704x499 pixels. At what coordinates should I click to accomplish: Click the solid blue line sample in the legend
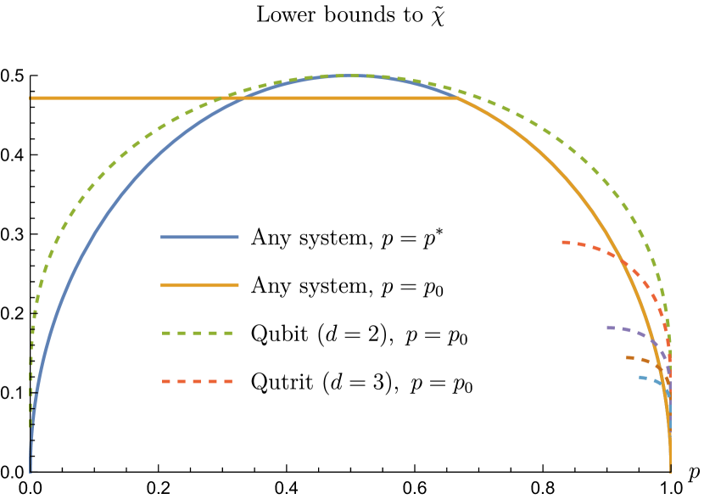tap(199, 238)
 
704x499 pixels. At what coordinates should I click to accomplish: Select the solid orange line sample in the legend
tap(199, 285)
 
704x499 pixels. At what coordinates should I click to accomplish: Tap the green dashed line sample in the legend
tap(198, 334)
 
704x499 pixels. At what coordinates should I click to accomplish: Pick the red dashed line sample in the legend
tap(198, 382)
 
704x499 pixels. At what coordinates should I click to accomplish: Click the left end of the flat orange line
tap(31, 98)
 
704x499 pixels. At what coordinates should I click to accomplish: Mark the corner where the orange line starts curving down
tap(457, 98)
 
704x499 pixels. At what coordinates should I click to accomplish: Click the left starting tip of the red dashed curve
tap(563, 243)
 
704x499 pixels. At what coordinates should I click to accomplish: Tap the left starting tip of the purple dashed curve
tap(608, 327)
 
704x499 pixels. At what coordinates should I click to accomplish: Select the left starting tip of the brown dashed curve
tap(628, 357)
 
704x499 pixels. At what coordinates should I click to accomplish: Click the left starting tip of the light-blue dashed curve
tap(640, 377)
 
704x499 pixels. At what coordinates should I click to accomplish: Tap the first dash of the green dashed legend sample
tap(166, 334)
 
